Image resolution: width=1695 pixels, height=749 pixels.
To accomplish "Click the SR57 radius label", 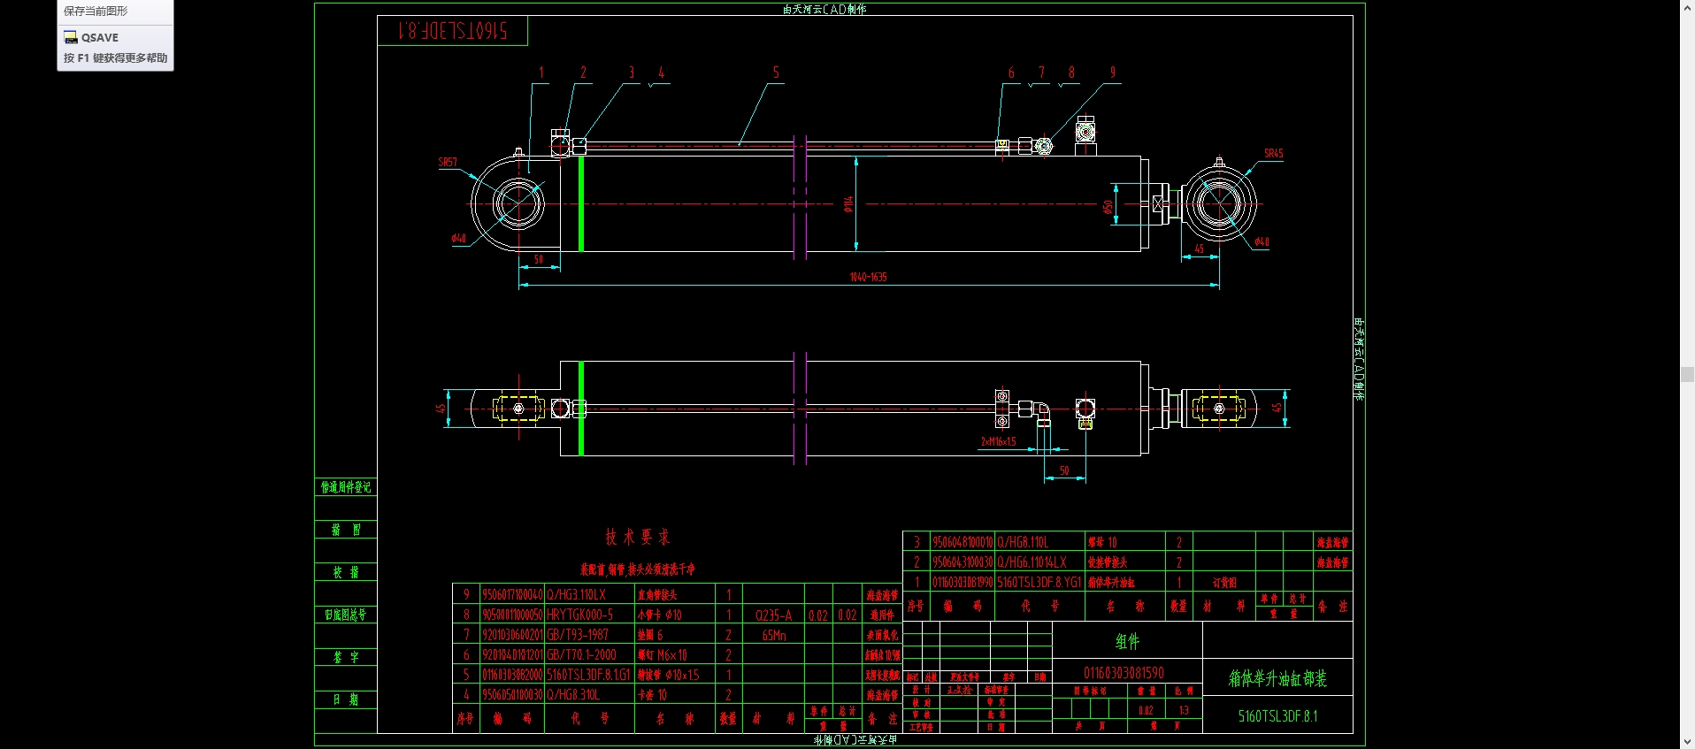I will [x=448, y=162].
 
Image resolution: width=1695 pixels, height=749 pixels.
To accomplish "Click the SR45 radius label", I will [x=1273, y=153].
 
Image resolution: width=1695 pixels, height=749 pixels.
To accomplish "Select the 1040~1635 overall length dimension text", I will [x=868, y=277].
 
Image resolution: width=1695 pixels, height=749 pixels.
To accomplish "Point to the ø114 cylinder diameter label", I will [x=847, y=204].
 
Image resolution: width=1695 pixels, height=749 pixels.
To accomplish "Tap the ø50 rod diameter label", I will [x=1108, y=207].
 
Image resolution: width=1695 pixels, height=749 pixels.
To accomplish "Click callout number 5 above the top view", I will [x=776, y=73].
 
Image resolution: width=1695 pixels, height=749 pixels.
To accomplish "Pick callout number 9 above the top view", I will [x=1112, y=73].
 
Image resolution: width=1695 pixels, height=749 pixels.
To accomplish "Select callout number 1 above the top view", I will [x=541, y=73].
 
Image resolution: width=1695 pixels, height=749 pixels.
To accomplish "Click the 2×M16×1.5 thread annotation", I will [x=998, y=441].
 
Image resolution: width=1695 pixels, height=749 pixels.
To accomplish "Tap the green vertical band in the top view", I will [x=580, y=203].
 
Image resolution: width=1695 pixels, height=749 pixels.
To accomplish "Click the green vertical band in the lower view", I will [x=580, y=409].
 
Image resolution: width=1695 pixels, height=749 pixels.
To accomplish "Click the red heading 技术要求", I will [x=637, y=537].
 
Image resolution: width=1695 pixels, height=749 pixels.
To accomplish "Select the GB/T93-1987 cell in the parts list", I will [x=578, y=635].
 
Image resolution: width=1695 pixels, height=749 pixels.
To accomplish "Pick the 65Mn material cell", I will [x=773, y=635].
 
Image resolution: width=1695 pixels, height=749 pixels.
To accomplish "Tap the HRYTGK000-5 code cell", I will [x=579, y=615].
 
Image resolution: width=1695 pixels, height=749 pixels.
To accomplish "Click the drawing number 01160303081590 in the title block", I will [x=1124, y=673].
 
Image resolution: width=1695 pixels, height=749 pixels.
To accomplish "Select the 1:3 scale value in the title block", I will [x=1184, y=710].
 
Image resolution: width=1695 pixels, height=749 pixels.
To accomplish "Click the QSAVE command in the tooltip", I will [x=99, y=37].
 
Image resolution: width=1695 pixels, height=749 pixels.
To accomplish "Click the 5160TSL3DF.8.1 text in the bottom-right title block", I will [x=1277, y=716].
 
